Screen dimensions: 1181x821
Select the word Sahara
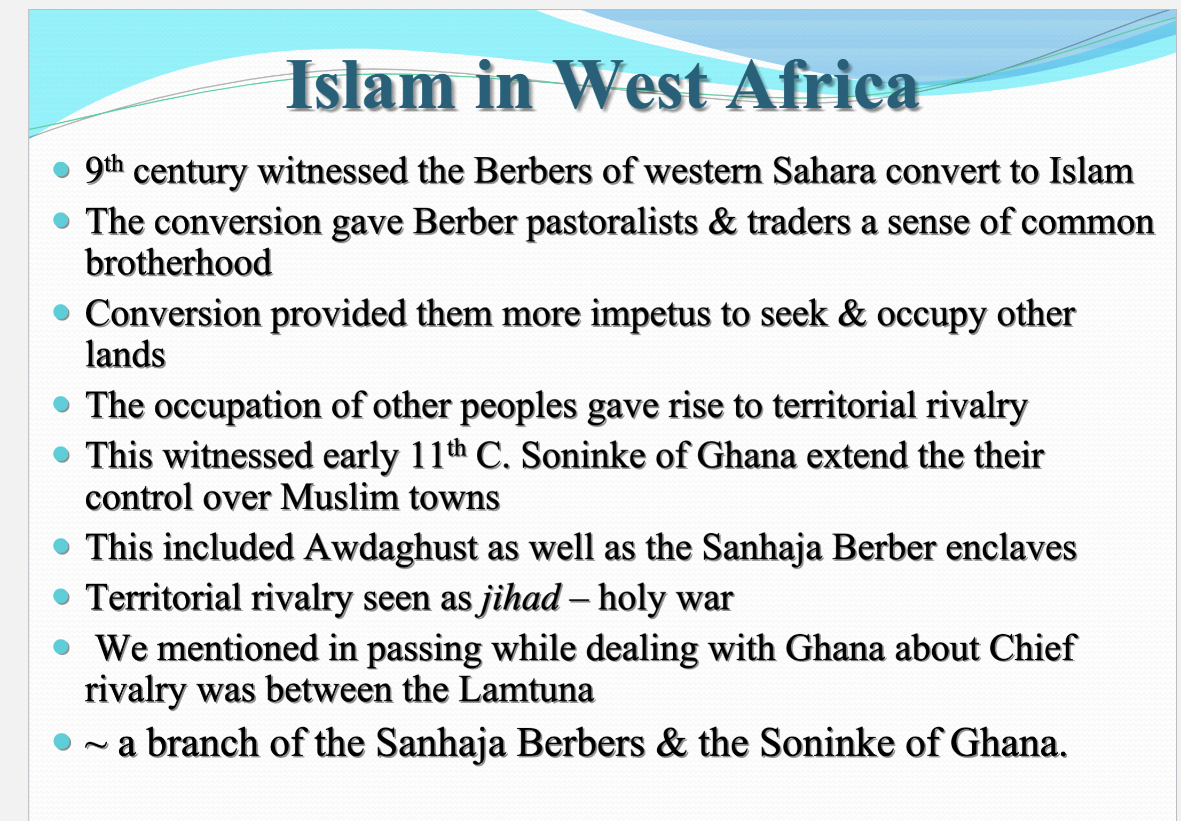tap(824, 171)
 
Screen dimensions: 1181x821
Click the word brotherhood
tap(179, 263)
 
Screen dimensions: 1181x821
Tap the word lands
tap(125, 354)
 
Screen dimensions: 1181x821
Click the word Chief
tap(1033, 648)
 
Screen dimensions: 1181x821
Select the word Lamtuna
tap(526, 690)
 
